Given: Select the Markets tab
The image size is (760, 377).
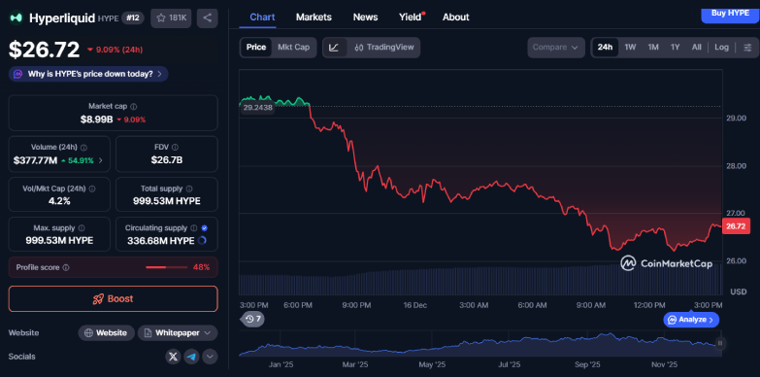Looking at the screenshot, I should click(x=314, y=17).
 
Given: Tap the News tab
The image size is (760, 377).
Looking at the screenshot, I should click(x=366, y=17).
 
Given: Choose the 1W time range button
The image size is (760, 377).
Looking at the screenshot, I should click(x=630, y=47).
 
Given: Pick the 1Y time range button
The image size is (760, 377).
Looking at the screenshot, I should click(x=675, y=47).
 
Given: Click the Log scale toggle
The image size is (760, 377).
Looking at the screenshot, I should click(x=721, y=47).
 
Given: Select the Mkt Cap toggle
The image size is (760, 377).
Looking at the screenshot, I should click(x=294, y=47).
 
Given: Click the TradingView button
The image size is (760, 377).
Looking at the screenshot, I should click(x=384, y=47).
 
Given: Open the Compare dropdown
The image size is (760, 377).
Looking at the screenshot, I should click(x=556, y=47).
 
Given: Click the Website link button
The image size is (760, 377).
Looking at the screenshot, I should click(x=106, y=332).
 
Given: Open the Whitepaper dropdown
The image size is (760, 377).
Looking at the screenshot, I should click(x=178, y=332).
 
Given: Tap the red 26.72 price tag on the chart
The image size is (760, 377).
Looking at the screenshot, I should click(x=735, y=225).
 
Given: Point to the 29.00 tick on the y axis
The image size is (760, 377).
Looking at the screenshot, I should click(x=736, y=118).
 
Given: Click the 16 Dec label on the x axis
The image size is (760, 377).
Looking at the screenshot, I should click(x=414, y=305).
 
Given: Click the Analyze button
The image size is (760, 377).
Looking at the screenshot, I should click(x=691, y=319).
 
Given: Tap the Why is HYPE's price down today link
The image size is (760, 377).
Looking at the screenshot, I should click(x=87, y=74).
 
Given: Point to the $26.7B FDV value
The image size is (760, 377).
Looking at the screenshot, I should click(x=167, y=159).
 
